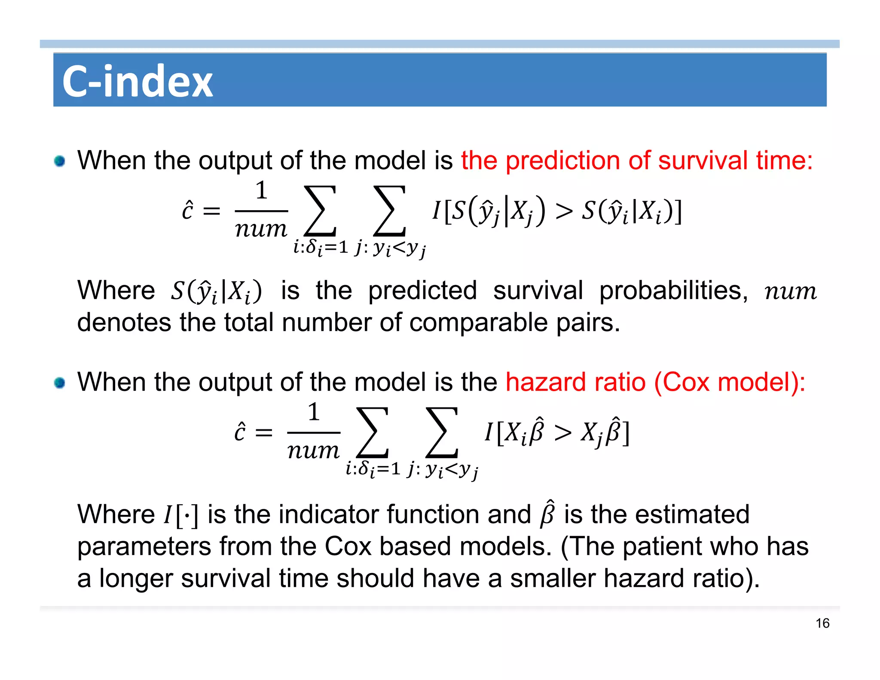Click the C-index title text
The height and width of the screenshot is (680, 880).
point(137,81)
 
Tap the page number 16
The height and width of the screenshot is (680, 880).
point(822,623)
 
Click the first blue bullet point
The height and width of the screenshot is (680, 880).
point(60,161)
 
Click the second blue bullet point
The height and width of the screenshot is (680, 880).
point(60,383)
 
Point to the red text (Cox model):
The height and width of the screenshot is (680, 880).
point(729,382)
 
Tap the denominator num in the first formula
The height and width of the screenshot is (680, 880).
point(261,229)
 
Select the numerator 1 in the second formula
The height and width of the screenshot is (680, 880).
point(314,412)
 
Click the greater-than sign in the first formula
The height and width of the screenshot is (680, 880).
point(564,211)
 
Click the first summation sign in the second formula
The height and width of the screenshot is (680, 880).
point(373,432)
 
